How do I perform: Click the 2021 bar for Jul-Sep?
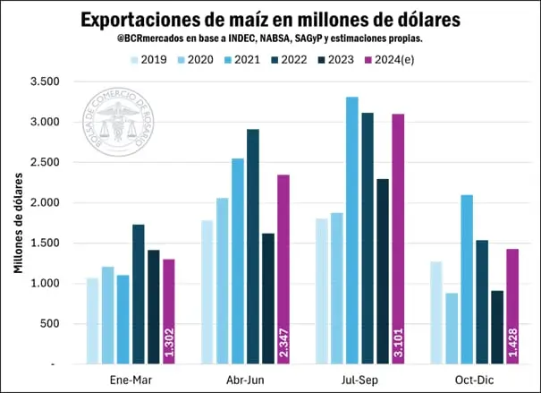point(352,230)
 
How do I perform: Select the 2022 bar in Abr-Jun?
point(253,246)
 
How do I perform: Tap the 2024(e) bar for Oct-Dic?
point(512,306)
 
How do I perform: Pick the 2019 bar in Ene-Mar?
point(92,320)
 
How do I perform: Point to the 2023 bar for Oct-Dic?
point(497,328)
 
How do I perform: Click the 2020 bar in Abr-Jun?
point(222,281)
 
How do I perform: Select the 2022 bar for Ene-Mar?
point(139,295)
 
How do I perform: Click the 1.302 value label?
point(169,342)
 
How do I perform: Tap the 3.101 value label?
point(398,342)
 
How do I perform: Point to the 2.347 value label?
point(283,342)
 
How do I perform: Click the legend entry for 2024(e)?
point(389,60)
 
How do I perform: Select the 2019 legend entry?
point(148,60)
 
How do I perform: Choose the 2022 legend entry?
point(289,60)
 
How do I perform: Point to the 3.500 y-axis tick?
point(45,81)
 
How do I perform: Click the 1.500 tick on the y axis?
point(45,243)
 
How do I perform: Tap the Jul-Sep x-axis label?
point(359,380)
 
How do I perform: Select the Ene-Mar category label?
point(131,380)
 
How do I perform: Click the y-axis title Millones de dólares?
point(18,223)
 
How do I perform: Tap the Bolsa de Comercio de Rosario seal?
point(118,122)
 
